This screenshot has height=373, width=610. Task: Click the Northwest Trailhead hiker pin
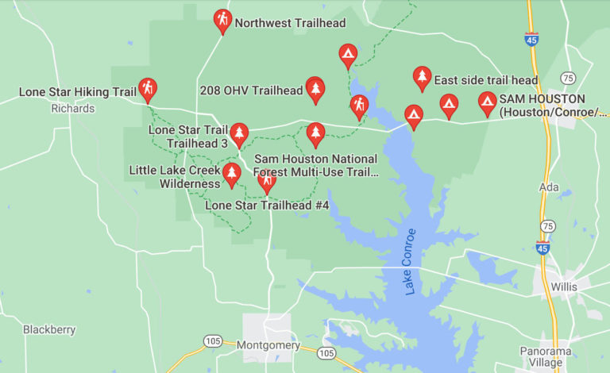[223, 20]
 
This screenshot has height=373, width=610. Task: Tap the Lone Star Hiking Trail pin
[147, 89]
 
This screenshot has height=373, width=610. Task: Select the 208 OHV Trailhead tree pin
[315, 89]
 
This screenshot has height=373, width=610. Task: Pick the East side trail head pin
[422, 78]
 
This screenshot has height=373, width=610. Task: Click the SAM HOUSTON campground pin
[487, 102]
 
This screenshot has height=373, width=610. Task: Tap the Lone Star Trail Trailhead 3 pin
[239, 134]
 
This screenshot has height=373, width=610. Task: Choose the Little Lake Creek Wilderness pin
[231, 174]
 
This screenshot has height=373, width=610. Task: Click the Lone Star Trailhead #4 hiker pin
[267, 182]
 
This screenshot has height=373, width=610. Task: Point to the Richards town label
[72, 109]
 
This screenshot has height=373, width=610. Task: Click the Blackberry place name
[49, 329]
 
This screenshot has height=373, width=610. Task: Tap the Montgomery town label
[268, 345]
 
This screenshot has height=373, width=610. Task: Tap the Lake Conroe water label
[410, 262]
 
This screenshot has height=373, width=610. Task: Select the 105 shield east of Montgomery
[326, 352]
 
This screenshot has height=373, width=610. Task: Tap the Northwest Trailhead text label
[279, 23]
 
